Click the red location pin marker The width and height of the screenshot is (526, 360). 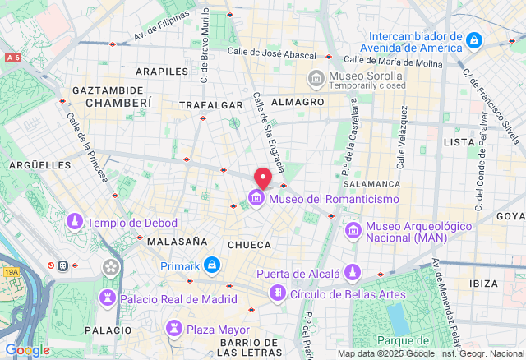tap(263, 178)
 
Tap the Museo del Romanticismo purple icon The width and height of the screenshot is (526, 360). tap(256, 199)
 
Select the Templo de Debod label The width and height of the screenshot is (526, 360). tap(131, 223)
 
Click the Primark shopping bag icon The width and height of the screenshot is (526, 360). tap(212, 265)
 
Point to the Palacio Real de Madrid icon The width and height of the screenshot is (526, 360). tap(108, 298)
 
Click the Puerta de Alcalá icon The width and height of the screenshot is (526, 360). tap(353, 273)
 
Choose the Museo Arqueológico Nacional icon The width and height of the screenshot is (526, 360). tap(353, 230)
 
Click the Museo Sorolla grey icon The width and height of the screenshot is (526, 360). tap(316, 79)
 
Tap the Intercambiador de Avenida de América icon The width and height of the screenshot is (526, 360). tap(474, 39)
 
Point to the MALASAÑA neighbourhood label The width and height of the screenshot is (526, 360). tap(177, 242)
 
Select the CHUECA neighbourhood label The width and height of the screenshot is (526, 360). tap(249, 244)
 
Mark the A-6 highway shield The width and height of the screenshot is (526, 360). tap(12, 58)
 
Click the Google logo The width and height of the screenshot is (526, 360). tap(27, 350)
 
